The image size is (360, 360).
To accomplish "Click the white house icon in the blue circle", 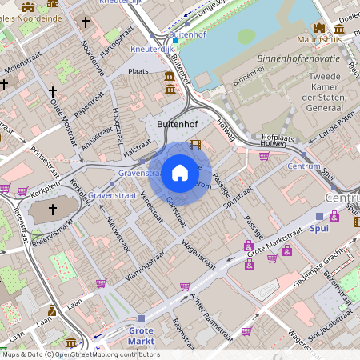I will (x=179, y=172).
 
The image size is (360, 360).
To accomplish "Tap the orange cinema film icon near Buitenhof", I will (x=195, y=145).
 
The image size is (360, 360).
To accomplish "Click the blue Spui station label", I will (x=318, y=228).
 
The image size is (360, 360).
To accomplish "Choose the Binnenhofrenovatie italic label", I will (x=310, y=58).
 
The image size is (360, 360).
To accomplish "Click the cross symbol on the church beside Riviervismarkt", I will (x=53, y=210).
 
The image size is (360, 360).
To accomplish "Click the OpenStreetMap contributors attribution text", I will (x=112, y=354).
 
